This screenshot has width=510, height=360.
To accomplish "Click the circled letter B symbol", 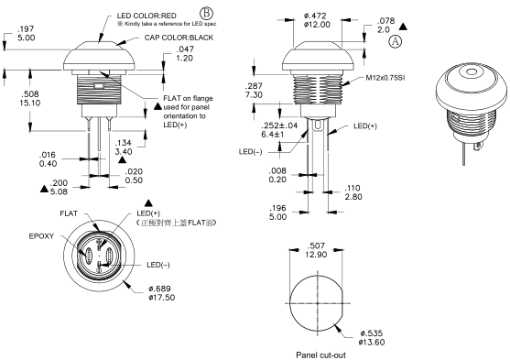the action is pyautogui.click(x=206, y=14).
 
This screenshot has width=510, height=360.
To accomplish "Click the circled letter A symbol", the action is pyautogui.click(x=396, y=41).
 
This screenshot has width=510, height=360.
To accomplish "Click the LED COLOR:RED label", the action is pyautogui.click(x=146, y=16).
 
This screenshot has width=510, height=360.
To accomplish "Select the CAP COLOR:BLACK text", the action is pyautogui.click(x=179, y=38).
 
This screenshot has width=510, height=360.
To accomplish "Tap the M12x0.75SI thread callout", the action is pyautogui.click(x=385, y=78).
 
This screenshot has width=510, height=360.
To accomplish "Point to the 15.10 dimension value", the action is pyautogui.click(x=30, y=104).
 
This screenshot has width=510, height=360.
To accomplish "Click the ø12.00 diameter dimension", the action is pyautogui.click(x=317, y=25).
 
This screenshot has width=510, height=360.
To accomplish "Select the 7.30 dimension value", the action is pyautogui.click(x=254, y=94).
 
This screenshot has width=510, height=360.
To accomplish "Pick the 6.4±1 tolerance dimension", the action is pyautogui.click(x=273, y=134).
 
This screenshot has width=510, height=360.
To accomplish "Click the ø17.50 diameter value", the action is pyautogui.click(x=162, y=297).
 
